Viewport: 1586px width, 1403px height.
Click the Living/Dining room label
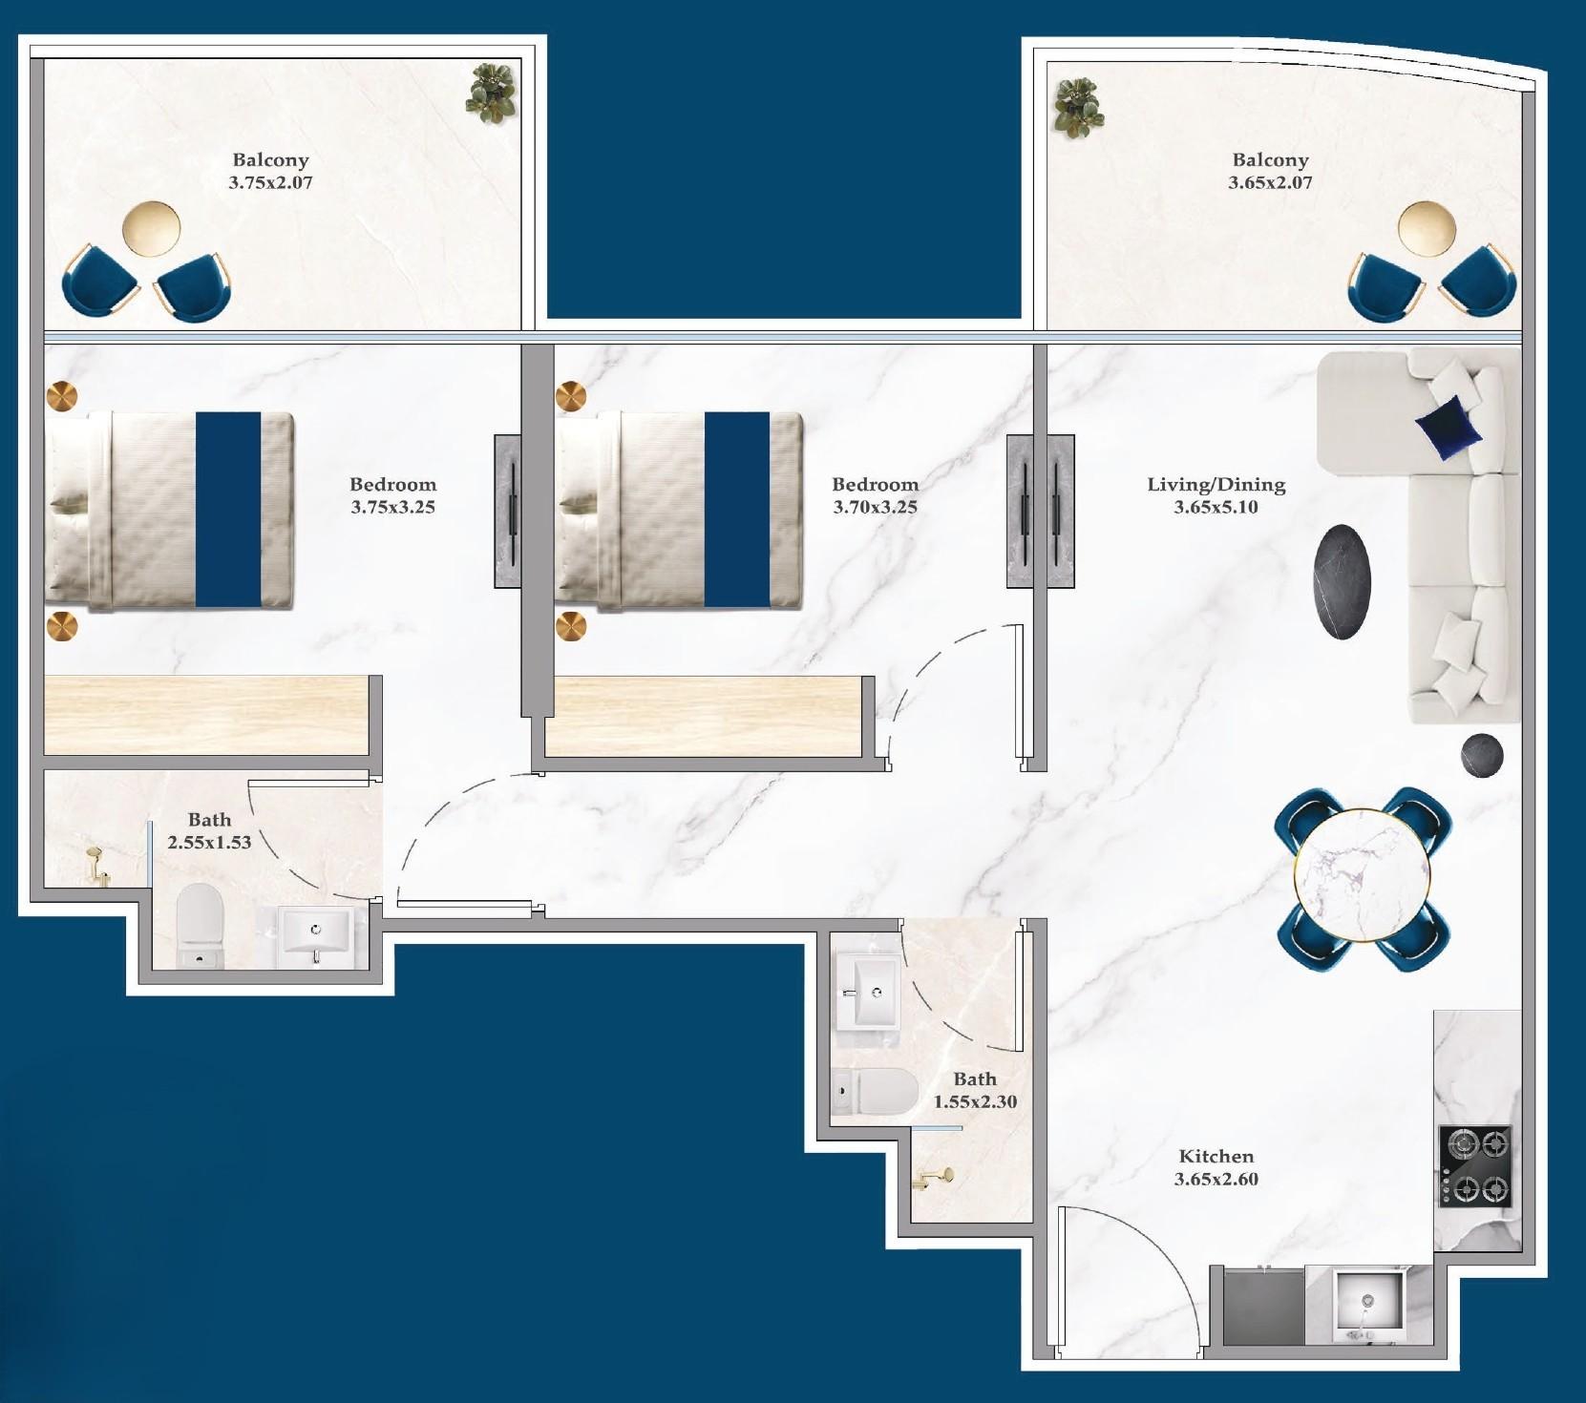tap(1216, 485)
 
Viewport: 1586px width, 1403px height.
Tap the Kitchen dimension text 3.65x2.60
tap(1216, 1180)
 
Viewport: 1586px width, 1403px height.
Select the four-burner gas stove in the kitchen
tap(1475, 1165)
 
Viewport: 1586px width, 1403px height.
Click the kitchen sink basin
tap(1368, 1300)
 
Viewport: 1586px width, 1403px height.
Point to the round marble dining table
tap(1362, 879)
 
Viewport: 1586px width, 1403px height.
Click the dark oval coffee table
tap(1343, 582)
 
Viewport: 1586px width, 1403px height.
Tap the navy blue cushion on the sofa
tap(1449, 427)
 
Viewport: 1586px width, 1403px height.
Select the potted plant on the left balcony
tap(492, 93)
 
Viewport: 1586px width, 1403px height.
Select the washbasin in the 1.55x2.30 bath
tap(867, 994)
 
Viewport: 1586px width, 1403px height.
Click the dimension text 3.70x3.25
tap(875, 508)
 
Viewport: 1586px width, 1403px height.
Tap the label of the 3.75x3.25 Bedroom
tap(392, 485)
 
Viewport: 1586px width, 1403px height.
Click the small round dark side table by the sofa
tap(1481, 755)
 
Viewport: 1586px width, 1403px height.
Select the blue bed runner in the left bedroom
tap(228, 510)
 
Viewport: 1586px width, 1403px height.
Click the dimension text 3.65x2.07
tap(1269, 182)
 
